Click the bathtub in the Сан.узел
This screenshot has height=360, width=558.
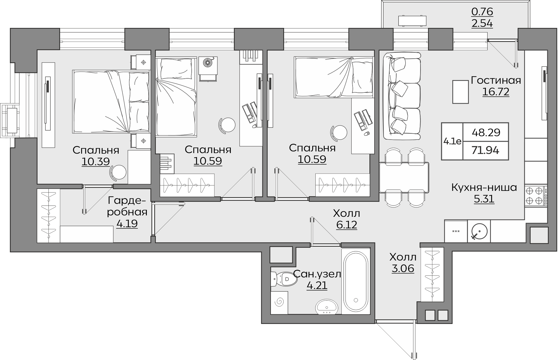pyautogui.click(x=356, y=281)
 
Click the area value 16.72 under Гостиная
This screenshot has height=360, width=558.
pyautogui.click(x=496, y=92)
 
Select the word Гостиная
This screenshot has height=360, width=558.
pyautogui.click(x=496, y=80)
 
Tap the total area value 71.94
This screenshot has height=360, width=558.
pyautogui.click(x=486, y=151)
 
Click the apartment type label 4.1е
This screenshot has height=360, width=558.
pyautogui.click(x=452, y=141)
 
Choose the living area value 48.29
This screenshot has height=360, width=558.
pyautogui.click(x=486, y=132)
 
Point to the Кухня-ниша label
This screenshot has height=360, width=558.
pyautogui.click(x=484, y=187)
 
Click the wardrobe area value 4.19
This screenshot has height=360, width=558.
pyautogui.click(x=127, y=224)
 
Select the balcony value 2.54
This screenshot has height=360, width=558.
pyautogui.click(x=482, y=23)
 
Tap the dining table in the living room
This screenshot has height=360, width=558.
pyautogui.click(x=404, y=178)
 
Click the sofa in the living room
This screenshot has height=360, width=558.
pyautogui.click(x=402, y=96)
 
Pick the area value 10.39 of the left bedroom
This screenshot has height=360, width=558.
pyautogui.click(x=96, y=162)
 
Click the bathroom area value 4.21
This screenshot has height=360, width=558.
pyautogui.click(x=317, y=285)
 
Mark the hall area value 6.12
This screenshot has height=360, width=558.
pyautogui.click(x=347, y=225)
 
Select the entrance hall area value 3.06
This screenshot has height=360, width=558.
pyautogui.click(x=403, y=268)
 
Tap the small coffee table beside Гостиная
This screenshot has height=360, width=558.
pyautogui.click(x=460, y=92)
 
